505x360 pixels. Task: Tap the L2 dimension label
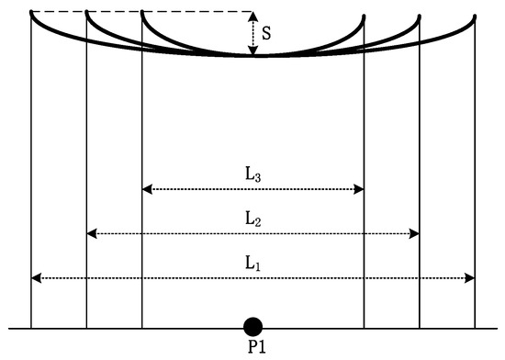point(252,218)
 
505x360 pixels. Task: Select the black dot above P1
point(252,325)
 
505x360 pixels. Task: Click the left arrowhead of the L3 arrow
point(146,189)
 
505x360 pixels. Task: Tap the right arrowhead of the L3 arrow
point(361,189)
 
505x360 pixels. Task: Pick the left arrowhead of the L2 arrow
point(90,234)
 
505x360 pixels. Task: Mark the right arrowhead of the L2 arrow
point(416,234)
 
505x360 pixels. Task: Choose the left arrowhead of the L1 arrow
point(35,277)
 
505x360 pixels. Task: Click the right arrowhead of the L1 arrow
point(471,277)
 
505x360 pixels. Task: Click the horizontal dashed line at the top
point(138,12)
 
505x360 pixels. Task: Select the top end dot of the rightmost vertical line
point(476,17)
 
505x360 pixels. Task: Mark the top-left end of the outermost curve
point(31,13)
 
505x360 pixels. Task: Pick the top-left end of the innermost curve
point(142,13)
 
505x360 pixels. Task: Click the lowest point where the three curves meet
point(254,56)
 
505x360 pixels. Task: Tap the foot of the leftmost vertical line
point(31,326)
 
